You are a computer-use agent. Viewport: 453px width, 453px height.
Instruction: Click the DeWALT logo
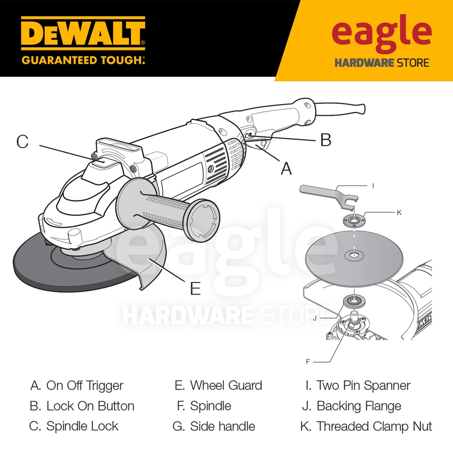(x=83, y=34)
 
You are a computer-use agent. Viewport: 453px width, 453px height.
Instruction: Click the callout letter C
(x=23, y=142)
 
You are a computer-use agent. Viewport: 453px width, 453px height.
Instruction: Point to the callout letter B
(x=326, y=140)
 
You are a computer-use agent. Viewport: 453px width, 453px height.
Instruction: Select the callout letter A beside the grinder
(x=286, y=169)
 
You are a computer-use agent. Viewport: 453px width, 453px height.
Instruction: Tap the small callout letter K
(x=399, y=213)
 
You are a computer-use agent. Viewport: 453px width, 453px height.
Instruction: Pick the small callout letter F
(x=308, y=362)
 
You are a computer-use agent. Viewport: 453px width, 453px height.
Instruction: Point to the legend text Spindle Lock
(x=82, y=426)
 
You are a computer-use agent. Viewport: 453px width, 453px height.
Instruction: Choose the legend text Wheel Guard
(x=226, y=385)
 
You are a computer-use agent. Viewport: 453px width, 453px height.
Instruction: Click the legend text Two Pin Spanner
(x=364, y=385)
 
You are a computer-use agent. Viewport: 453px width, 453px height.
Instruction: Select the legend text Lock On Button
(x=90, y=406)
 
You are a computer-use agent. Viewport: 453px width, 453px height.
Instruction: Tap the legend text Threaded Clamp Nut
(x=374, y=426)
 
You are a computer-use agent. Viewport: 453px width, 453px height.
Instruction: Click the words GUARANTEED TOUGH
(x=83, y=60)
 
